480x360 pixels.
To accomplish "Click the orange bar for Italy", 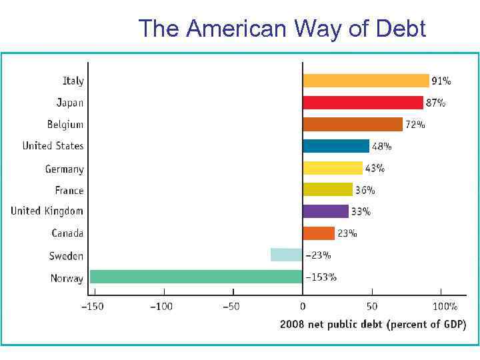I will (x=365, y=81).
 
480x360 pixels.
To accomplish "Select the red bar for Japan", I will (x=363, y=103).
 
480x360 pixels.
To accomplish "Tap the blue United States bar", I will (x=335, y=146).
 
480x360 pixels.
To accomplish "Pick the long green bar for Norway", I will (x=196, y=277).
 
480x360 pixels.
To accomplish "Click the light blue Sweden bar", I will (x=286, y=255).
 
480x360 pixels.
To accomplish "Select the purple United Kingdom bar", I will (x=325, y=211).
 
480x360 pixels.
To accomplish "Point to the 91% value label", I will (x=441, y=81).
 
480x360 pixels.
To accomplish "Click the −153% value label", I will (x=321, y=277).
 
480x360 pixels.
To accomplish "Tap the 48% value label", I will (x=381, y=146).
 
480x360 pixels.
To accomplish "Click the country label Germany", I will (x=64, y=169).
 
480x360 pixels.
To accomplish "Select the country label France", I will (x=69, y=190).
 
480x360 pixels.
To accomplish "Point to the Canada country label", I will (x=67, y=233).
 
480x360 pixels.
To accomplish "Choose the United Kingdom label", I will (x=47, y=211).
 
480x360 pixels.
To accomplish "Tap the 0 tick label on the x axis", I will (x=303, y=307).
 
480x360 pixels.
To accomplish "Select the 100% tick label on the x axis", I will (x=445, y=307).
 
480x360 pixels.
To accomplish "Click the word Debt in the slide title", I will (x=401, y=29).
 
